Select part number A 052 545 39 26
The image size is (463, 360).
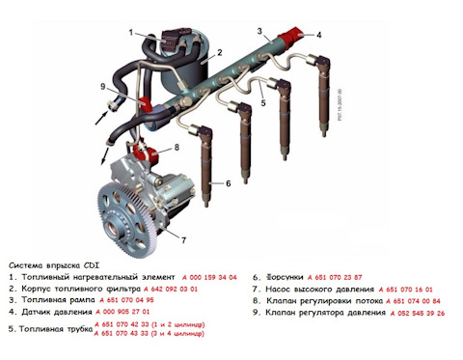coord(414,313)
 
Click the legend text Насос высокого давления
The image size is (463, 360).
coord(319,288)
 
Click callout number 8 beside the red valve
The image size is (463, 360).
coord(177,148)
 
